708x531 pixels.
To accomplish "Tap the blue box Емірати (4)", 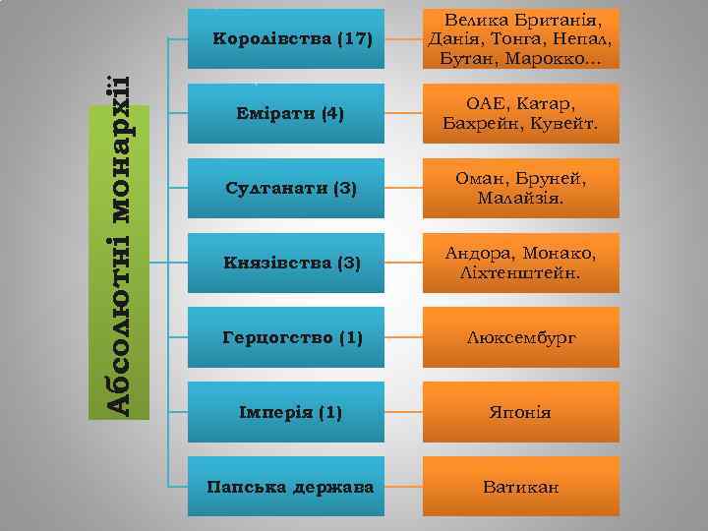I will (292, 114).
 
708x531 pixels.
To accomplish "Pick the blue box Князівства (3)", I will (292, 264).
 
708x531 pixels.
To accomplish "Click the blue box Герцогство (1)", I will (292, 338).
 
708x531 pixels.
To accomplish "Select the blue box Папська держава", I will (292, 486).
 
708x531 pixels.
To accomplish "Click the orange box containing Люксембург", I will (521, 338).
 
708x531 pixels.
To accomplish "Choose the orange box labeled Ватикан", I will (521, 486).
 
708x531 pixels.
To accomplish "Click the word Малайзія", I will (521, 200).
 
